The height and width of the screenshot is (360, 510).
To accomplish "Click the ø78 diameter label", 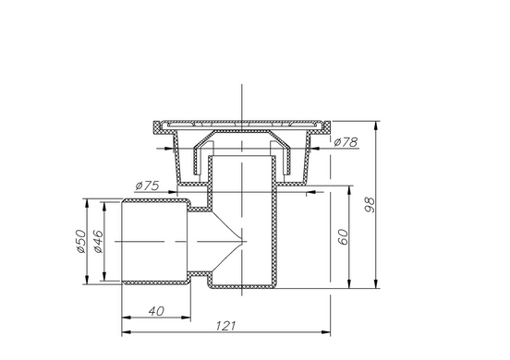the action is coord(346,142).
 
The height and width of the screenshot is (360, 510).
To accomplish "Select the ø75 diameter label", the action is coord(147,186).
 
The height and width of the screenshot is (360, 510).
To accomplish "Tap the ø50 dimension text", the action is coord(80,242).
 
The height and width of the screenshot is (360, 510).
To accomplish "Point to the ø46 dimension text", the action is coord(98,242).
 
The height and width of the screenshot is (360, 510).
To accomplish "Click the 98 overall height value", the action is coord(370,205).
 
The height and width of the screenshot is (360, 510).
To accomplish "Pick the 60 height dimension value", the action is coord(343,237).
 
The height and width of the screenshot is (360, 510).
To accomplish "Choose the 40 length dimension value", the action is coord(156,311).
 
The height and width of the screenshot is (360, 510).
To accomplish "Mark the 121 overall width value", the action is coord(225,326).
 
